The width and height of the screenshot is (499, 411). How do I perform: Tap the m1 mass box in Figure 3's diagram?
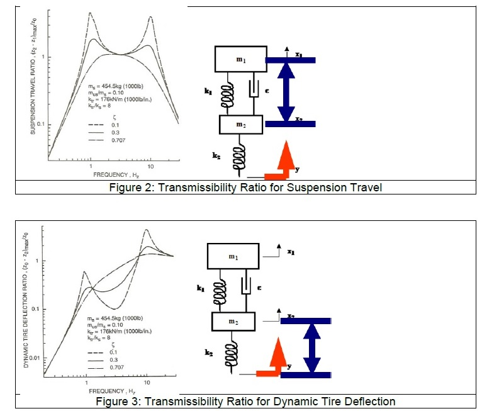pos(233,257)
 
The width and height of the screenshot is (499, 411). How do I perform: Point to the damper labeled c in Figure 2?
pos(254,91)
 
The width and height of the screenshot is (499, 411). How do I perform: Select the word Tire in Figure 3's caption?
pos(318,401)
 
